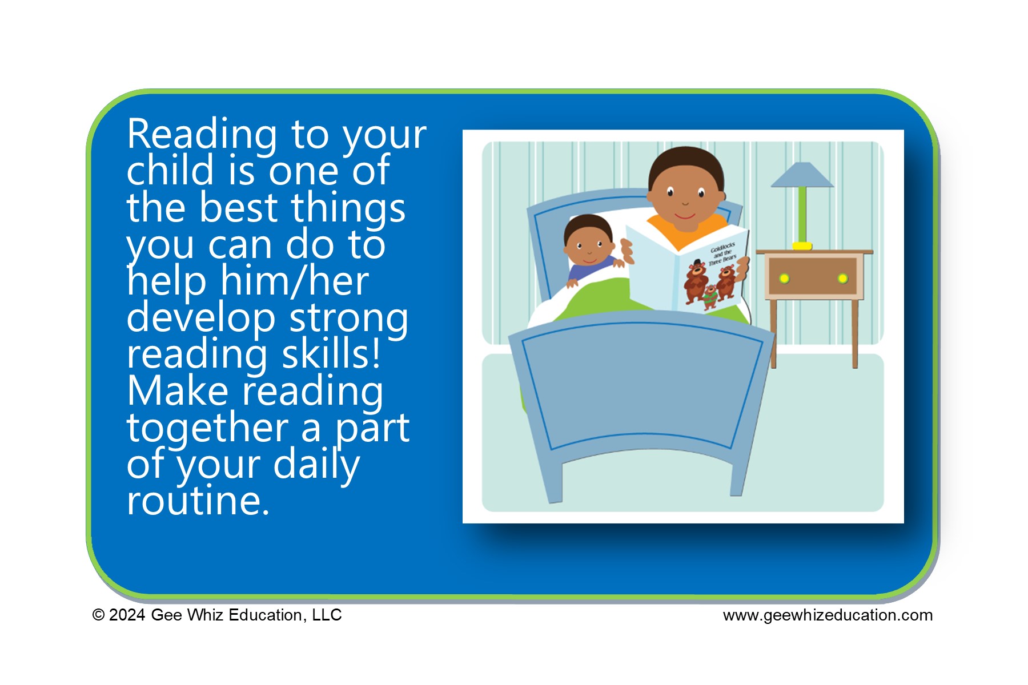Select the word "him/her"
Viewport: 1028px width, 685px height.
pos(295,282)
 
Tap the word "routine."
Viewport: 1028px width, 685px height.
pos(198,501)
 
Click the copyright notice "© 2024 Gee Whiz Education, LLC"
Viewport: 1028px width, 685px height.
pos(217,615)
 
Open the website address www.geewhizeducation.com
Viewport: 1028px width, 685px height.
pos(828,615)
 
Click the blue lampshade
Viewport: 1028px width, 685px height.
pos(802,175)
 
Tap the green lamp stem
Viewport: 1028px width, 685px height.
pos(802,215)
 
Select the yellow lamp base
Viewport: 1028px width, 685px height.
pos(802,246)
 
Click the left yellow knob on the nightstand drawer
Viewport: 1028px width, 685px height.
pos(784,279)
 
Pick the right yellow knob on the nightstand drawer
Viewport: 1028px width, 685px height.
pos(842,279)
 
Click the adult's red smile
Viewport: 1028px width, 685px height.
pos(685,216)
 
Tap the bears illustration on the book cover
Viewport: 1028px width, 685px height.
pos(710,284)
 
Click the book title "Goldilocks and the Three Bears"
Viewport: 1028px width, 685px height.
pos(723,253)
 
